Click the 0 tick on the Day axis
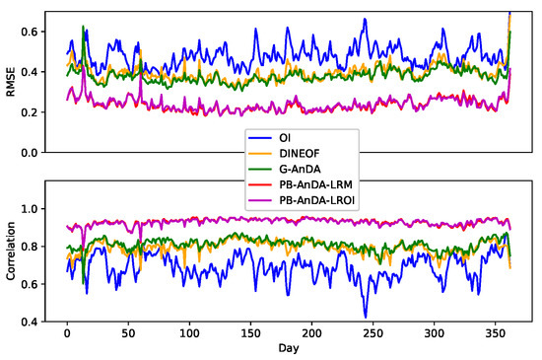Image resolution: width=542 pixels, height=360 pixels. [67, 335]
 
